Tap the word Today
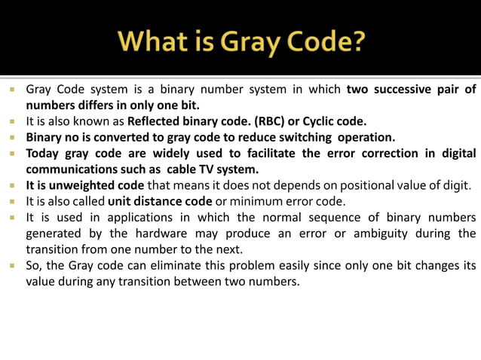coord(44,154)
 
